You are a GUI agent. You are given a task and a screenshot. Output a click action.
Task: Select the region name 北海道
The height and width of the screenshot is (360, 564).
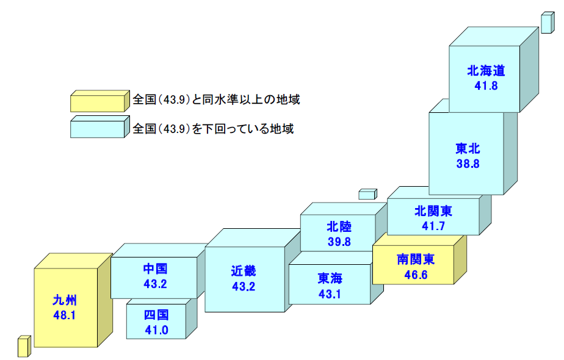tap(486, 70)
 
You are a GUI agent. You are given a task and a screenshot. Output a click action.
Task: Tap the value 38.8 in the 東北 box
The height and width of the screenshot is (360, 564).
tap(467, 164)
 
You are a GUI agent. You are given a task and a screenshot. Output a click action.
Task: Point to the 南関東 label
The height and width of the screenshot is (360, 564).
tap(416, 259)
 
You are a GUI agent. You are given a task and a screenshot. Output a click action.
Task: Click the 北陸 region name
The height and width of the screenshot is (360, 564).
tap(339, 227)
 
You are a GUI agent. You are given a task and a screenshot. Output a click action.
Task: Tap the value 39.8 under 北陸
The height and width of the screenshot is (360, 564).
tap(339, 242)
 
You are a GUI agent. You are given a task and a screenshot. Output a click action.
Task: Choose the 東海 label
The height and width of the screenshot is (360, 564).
tap(330, 278)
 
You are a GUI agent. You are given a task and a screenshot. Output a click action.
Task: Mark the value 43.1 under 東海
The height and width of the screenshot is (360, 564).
tap(330, 293)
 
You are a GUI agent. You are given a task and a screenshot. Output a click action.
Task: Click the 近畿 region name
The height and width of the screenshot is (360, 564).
tap(244, 270)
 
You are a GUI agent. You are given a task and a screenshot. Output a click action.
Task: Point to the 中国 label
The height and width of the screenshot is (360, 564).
tap(155, 268)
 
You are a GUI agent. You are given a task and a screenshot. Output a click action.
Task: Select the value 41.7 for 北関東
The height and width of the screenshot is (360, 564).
tap(433, 226)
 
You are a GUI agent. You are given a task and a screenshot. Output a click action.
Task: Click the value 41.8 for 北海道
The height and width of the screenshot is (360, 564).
tap(486, 85)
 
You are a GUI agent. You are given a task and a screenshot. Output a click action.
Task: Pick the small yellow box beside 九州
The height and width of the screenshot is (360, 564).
tap(23, 347)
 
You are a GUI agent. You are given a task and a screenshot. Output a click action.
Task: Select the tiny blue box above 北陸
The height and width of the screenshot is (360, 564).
tap(367, 195)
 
